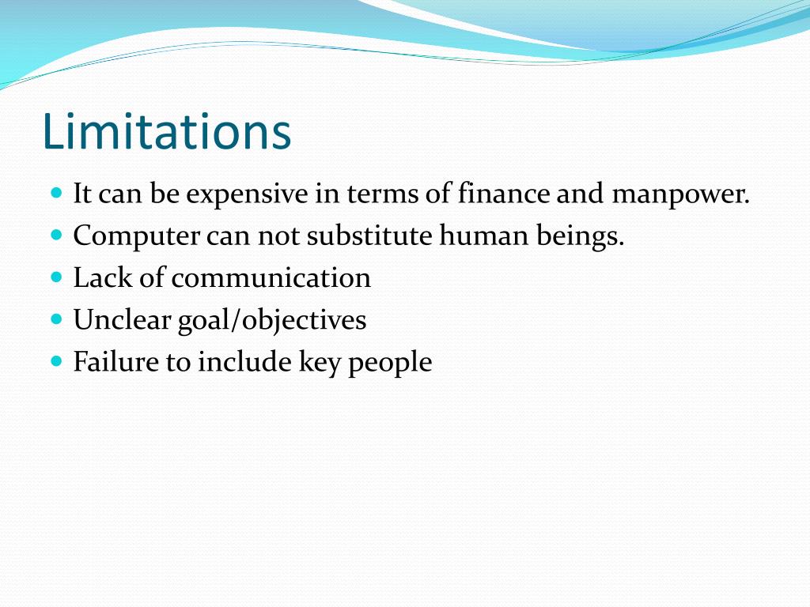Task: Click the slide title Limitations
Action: click(x=167, y=132)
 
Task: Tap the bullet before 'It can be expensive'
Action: click(x=55, y=193)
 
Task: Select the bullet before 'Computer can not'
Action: click(x=55, y=236)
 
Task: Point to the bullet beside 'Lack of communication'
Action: click(x=55, y=277)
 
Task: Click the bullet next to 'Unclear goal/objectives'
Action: click(x=55, y=320)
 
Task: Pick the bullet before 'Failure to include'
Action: click(x=55, y=362)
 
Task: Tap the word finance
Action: click(x=503, y=194)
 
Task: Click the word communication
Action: click(x=271, y=278)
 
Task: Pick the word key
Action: click(x=319, y=364)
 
